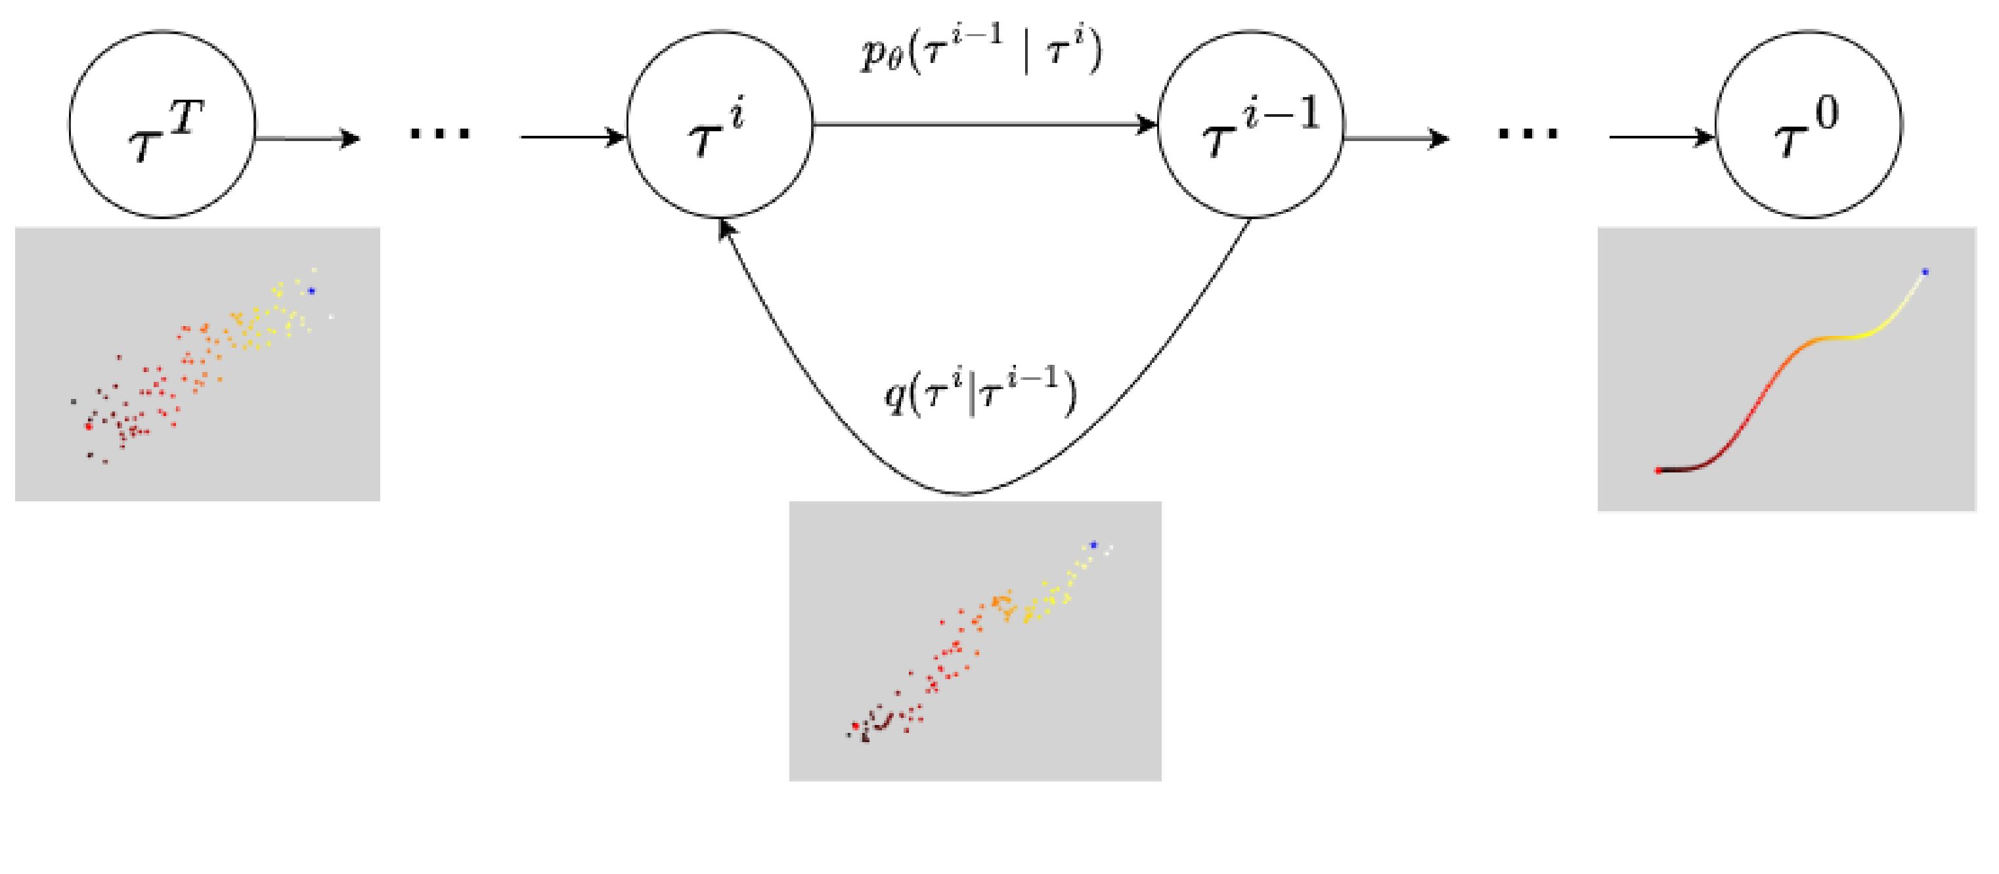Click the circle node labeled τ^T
tap(162, 124)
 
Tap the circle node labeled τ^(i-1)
tap(1250, 124)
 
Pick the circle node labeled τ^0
tap(1808, 124)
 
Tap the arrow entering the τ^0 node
tap(1661, 138)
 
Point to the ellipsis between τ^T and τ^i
tap(440, 133)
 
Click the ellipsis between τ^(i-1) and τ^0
tap(1528, 133)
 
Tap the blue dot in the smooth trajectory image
tap(1925, 272)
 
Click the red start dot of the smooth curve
tap(1658, 470)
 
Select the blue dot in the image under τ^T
tap(311, 291)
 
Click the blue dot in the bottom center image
tap(1093, 545)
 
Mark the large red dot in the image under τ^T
tap(89, 426)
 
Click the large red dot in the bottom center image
tap(856, 726)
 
